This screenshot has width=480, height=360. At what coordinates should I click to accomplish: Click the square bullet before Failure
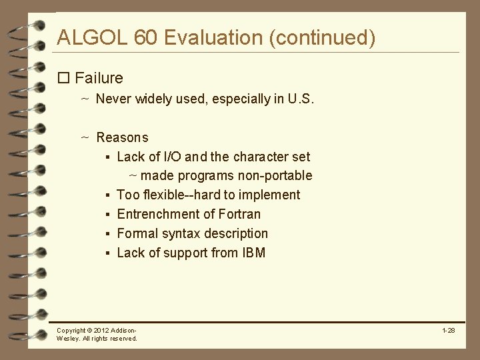[x=64, y=79]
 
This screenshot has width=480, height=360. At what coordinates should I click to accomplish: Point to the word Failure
[x=99, y=78]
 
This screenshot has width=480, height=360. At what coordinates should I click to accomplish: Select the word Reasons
[x=122, y=138]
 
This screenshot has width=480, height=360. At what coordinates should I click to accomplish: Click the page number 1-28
[x=448, y=330]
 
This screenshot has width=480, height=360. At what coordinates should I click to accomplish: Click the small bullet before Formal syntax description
[x=107, y=234]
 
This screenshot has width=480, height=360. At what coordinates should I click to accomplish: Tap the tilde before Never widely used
[x=85, y=99]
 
